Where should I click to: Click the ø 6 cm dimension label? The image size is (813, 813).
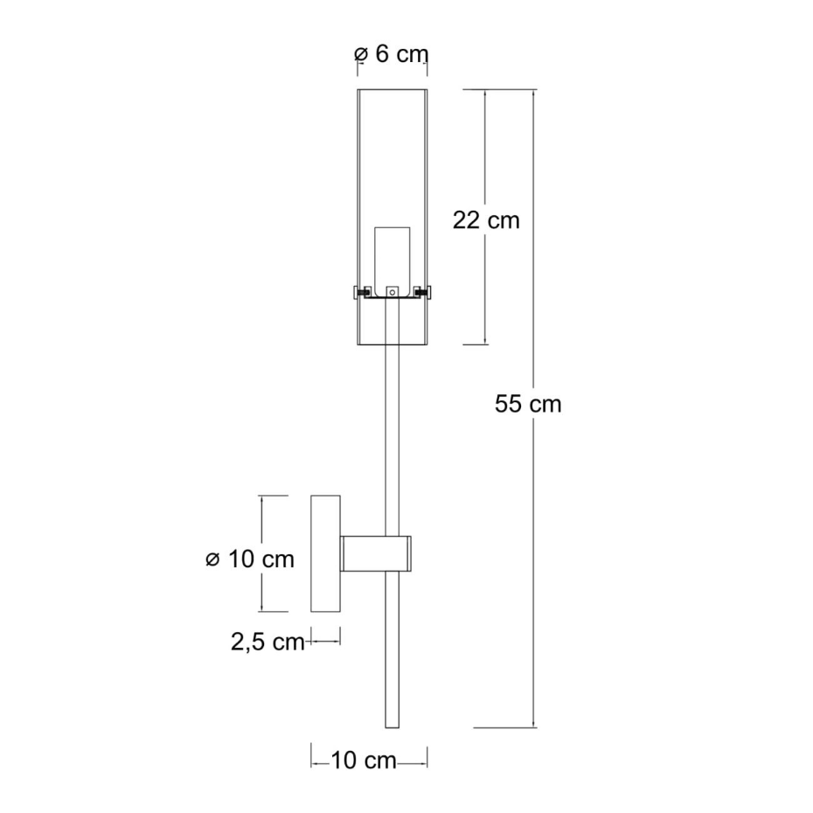(x=392, y=54)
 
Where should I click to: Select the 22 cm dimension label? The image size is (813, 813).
(x=486, y=220)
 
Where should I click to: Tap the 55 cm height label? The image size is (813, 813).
(x=528, y=404)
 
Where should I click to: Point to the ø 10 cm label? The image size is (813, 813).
(x=250, y=559)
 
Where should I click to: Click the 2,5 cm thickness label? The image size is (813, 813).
(x=268, y=642)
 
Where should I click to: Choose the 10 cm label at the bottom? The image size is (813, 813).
(x=364, y=761)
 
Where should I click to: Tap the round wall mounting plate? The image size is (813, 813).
(x=325, y=553)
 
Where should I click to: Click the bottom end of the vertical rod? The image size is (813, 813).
(x=392, y=727)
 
